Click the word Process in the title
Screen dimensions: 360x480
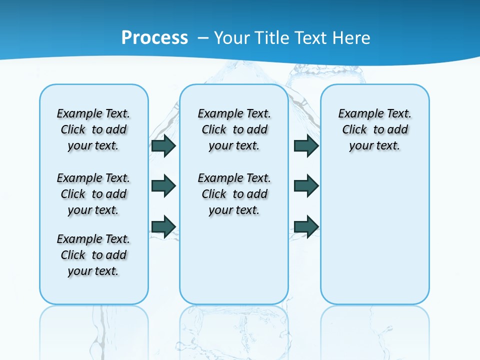(x=154, y=37)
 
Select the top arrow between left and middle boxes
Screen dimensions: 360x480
(x=163, y=145)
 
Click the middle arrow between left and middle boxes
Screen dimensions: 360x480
(x=163, y=186)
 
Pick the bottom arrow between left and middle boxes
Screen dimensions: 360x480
(x=163, y=226)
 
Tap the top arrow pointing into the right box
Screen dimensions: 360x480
(x=306, y=145)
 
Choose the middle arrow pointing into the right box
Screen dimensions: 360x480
(x=306, y=186)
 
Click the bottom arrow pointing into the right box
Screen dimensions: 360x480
(x=306, y=226)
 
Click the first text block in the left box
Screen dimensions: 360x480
(x=93, y=129)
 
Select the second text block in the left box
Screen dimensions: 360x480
(x=93, y=194)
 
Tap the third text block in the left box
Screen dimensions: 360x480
(x=93, y=255)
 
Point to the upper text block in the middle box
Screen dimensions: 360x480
(x=234, y=129)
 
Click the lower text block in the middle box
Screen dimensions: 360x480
(x=234, y=194)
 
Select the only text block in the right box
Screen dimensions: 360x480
(x=374, y=129)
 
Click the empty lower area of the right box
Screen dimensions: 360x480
(x=374, y=240)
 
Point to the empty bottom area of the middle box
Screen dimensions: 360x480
(x=234, y=265)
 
